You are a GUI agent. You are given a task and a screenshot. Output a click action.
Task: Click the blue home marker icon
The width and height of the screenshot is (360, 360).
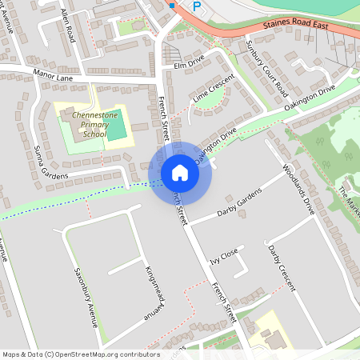tap(180, 173)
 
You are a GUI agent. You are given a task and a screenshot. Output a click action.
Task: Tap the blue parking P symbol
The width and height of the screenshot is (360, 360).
tap(196, 6)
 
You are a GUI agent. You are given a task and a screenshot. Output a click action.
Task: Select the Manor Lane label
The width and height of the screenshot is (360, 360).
tap(54, 78)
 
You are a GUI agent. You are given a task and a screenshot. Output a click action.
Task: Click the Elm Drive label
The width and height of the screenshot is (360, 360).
tap(189, 60)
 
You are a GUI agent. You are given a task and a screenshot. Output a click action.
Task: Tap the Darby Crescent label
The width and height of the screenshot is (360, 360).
tap(282, 268)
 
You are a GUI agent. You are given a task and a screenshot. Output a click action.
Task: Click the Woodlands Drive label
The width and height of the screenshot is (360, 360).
tap(300, 190)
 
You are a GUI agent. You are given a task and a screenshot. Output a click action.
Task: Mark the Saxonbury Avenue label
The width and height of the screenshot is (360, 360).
tap(84, 298)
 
